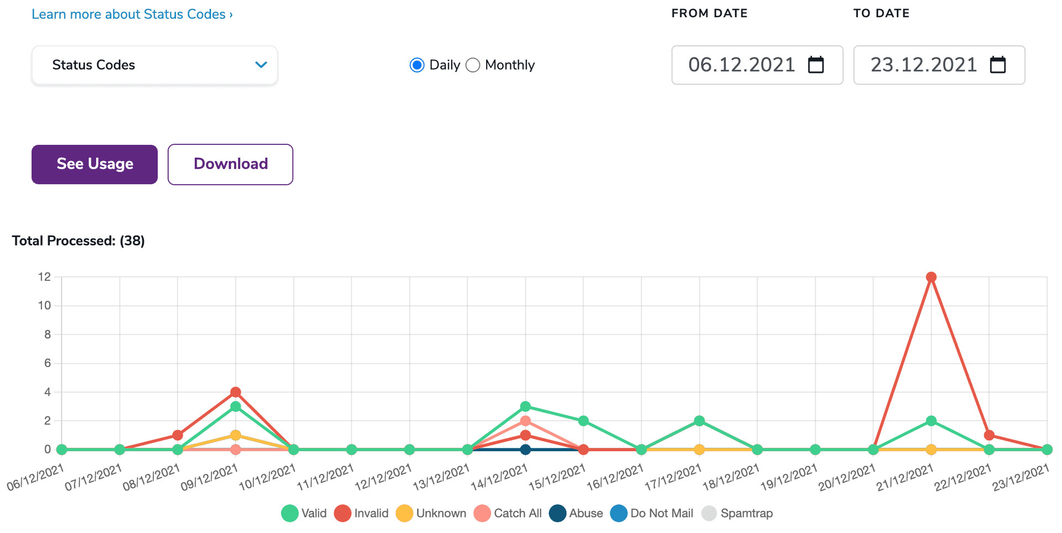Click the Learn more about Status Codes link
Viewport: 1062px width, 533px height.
132,14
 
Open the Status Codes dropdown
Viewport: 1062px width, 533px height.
154,65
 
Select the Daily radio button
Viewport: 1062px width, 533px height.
417,65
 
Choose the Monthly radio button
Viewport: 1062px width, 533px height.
473,65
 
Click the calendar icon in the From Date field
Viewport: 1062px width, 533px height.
816,65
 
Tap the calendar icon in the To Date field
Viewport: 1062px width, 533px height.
998,65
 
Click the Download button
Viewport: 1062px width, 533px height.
230,164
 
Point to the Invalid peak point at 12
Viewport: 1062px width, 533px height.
931,277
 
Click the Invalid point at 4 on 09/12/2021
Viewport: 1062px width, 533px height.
236,392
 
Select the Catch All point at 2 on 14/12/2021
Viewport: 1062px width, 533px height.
525,421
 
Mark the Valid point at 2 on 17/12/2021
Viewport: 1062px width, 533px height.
699,421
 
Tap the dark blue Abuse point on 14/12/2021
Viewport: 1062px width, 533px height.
525,450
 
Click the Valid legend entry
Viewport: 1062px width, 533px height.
304,513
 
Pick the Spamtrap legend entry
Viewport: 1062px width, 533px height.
737,513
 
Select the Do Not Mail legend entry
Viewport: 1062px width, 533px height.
652,513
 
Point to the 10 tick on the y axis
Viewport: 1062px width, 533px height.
44,306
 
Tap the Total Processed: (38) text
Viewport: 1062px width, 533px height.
79,241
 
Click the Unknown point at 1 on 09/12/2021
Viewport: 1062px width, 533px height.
236,435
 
